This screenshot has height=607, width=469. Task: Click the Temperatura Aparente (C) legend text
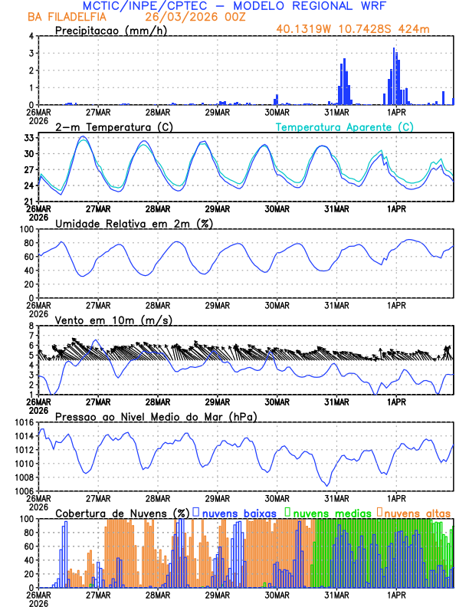tap(344, 126)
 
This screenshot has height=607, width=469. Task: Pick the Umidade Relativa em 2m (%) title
tap(134, 223)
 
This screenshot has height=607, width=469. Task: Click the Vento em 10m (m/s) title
tap(113, 320)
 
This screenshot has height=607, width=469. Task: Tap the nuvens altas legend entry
tap(418, 513)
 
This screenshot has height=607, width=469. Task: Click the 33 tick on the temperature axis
tap(28, 137)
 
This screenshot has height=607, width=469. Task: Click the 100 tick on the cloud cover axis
tap(26, 519)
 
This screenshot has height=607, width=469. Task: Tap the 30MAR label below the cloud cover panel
tap(277, 595)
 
